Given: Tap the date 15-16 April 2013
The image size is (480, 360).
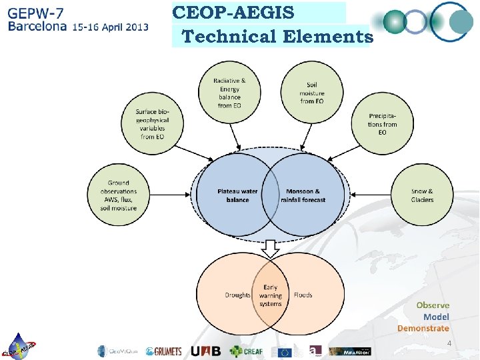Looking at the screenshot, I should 110,28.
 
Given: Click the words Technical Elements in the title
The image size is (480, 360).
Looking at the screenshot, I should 277,37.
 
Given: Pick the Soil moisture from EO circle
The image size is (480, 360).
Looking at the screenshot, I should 311,93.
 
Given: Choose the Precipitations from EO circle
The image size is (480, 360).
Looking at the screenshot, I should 382,124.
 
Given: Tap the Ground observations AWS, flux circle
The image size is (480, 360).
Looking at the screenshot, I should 118,195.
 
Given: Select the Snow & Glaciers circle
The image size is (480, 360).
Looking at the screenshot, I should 421,195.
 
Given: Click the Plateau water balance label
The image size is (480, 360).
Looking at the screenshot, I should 237,195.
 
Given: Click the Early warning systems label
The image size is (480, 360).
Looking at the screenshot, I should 270,295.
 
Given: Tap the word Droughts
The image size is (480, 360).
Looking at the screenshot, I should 237,295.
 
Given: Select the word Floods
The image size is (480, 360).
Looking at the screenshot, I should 303,295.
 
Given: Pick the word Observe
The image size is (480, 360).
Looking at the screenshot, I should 433,305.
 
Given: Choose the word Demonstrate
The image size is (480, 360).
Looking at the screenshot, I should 423,328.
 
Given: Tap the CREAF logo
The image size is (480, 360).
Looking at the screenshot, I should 247,351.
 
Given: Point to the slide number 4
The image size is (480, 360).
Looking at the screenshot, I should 449,344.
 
